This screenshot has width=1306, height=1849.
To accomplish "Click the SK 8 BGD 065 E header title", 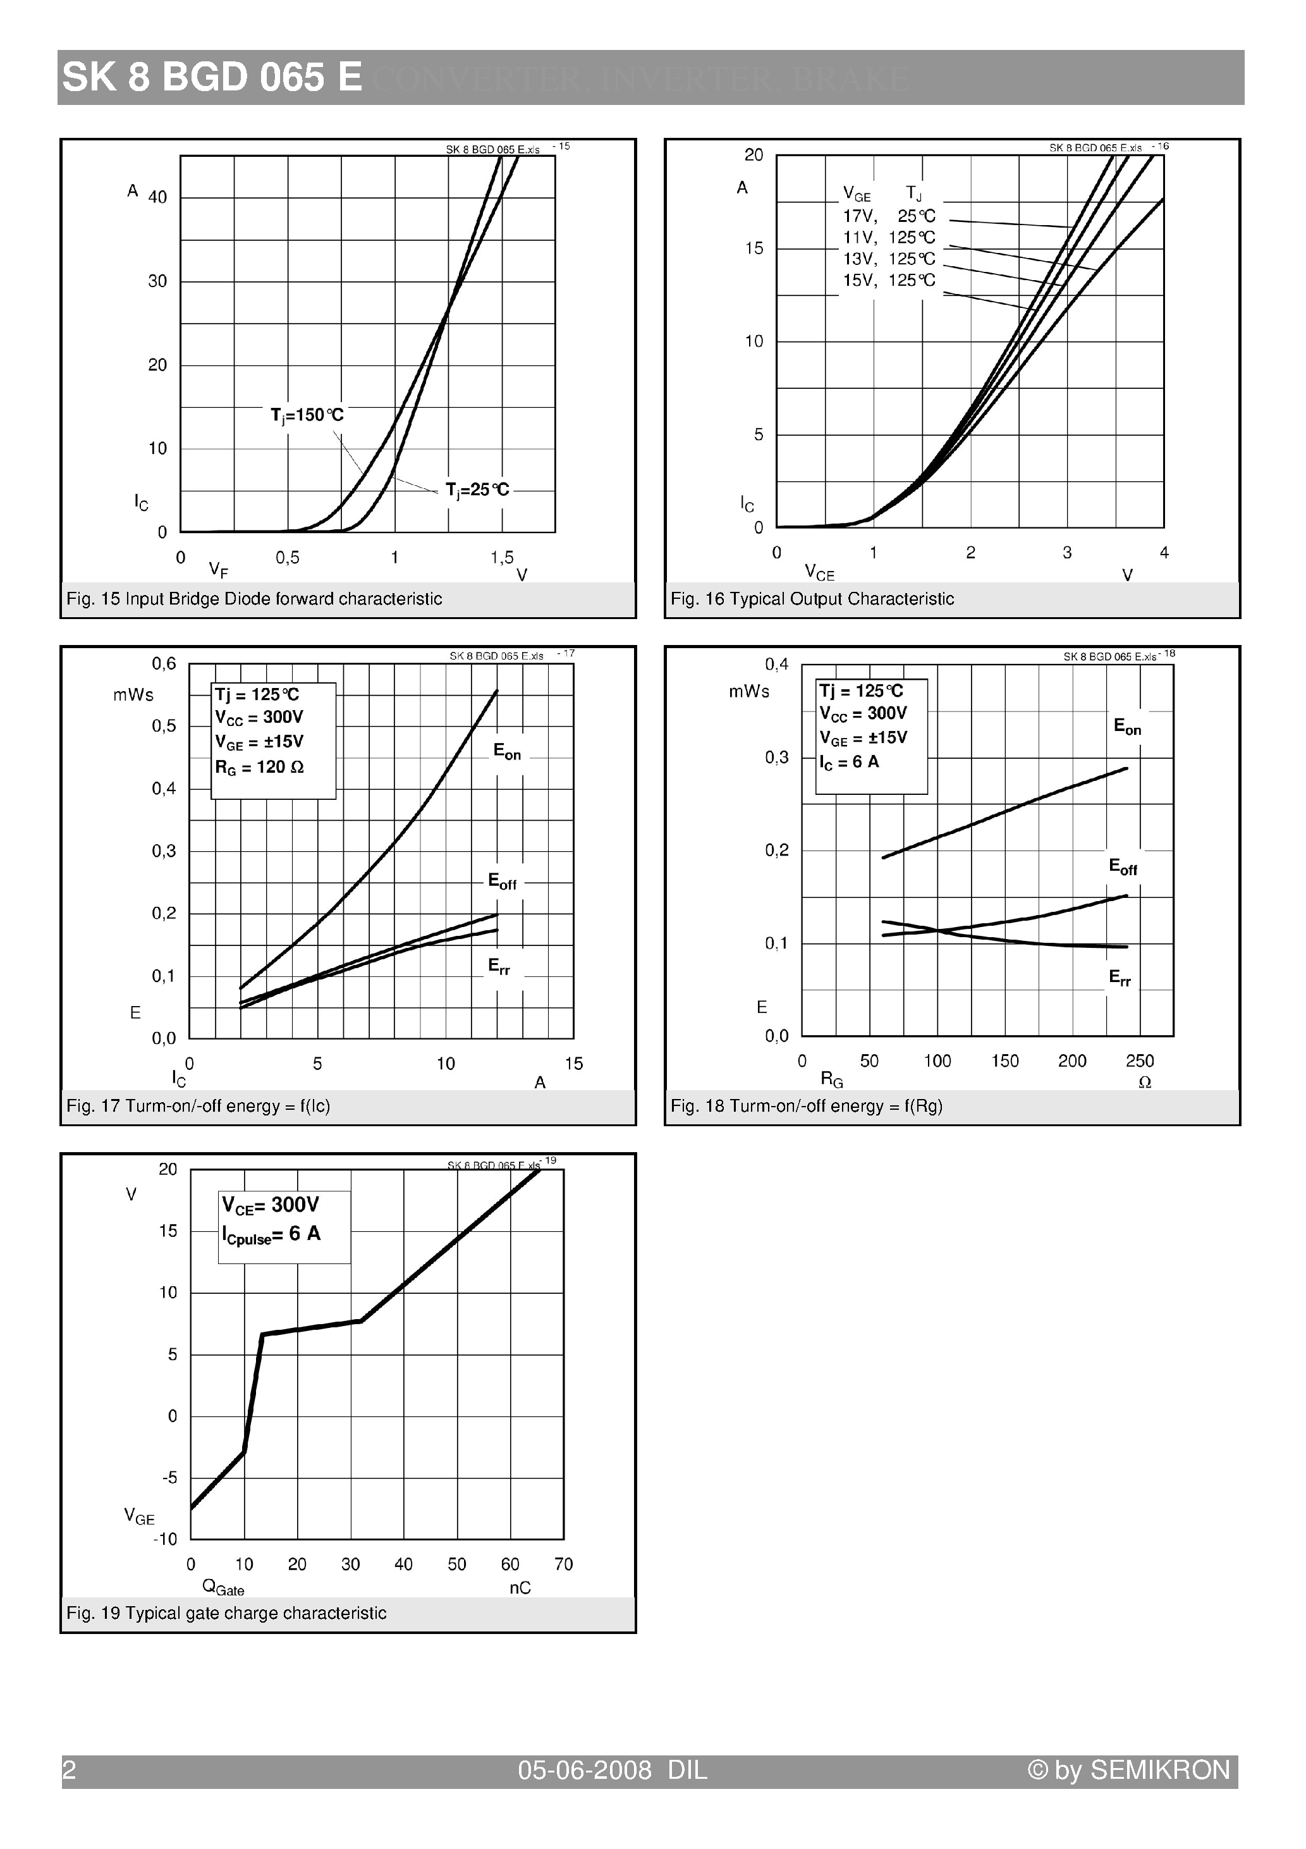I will tap(212, 78).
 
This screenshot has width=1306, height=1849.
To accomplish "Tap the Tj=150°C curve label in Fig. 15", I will tap(307, 415).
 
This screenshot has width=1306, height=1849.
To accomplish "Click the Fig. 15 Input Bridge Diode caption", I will tap(255, 599).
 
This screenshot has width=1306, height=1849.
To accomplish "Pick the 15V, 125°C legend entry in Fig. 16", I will tap(889, 280).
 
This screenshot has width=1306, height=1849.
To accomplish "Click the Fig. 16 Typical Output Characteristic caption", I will tap(812, 599).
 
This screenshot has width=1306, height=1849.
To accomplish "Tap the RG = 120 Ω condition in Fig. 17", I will tap(259, 768).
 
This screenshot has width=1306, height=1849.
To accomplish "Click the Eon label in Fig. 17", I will tap(507, 751).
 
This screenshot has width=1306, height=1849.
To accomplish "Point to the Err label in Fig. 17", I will tap(499, 966).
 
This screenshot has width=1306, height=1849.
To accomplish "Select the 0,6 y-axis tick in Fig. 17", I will tap(164, 663).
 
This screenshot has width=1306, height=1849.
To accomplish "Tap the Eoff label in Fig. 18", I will tap(1123, 868).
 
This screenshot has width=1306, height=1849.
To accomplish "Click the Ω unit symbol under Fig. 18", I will tap(1144, 1083).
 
